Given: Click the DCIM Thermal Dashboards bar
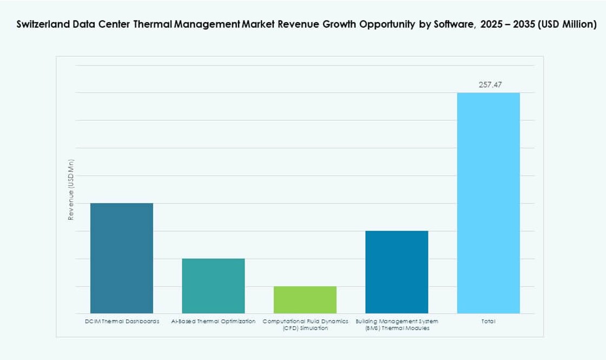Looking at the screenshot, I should [x=121, y=258].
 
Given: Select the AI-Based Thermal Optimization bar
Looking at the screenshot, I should [x=213, y=286].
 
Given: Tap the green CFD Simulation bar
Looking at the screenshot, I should [x=305, y=300].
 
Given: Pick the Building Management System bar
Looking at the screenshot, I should [x=397, y=272].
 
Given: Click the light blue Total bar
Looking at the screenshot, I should [x=488, y=203].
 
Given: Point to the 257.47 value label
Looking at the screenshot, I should [x=490, y=85].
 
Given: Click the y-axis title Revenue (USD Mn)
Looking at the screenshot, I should [x=71, y=190].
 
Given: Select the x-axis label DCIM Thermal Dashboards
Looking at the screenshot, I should [x=122, y=322].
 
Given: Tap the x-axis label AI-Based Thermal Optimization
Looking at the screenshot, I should [x=213, y=322].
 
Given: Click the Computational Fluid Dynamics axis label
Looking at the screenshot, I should [x=305, y=325].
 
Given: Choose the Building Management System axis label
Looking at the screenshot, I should [x=397, y=325].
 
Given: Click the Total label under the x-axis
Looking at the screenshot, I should [x=488, y=322].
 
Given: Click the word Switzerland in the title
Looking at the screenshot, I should [x=41, y=24].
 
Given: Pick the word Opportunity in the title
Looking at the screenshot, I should [x=383, y=24].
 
